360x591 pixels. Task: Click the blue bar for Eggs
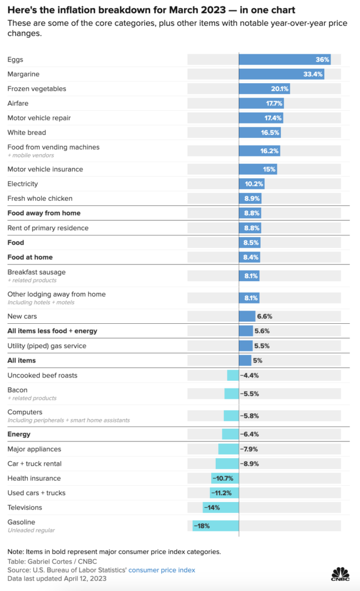pyautogui.click(x=284, y=59)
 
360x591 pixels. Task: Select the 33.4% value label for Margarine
pyautogui.click(x=313, y=74)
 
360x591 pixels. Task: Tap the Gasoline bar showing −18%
pyautogui.click(x=215, y=526)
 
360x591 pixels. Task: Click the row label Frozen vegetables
pyautogui.click(x=36, y=89)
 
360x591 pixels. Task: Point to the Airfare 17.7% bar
pyautogui.click(x=261, y=103)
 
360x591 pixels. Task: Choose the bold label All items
pyautogui.click(x=21, y=361)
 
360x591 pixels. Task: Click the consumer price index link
pyautogui.click(x=162, y=570)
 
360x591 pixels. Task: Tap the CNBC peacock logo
pyautogui.click(x=340, y=574)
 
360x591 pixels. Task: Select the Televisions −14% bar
pyautogui.click(x=220, y=507)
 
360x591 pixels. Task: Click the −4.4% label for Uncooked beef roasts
pyautogui.click(x=249, y=376)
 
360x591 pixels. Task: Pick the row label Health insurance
pyautogui.click(x=33, y=478)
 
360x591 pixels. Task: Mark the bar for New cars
pyautogui.click(x=247, y=316)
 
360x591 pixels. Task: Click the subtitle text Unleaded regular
pyautogui.click(x=31, y=530)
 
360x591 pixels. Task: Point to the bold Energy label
pyautogui.click(x=19, y=434)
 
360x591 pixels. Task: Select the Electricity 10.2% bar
pyautogui.click(x=252, y=184)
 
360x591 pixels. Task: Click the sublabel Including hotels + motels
pyautogui.click(x=40, y=302)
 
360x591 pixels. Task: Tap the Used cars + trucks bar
pyautogui.click(x=224, y=493)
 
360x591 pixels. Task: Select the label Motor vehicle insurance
pyautogui.click(x=45, y=169)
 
